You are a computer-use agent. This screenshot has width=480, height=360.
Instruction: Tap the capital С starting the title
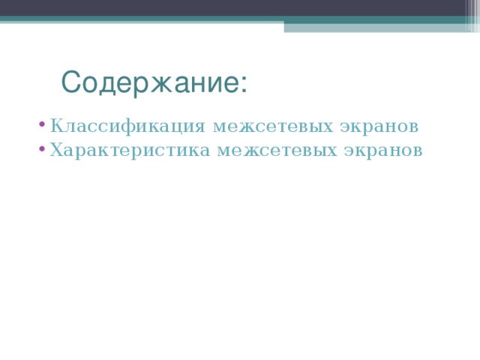(x=70, y=82)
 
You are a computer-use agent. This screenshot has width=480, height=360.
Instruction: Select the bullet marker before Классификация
(x=44, y=124)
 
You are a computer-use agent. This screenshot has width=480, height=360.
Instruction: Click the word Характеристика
(x=131, y=150)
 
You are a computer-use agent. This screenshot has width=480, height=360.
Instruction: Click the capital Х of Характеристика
(x=56, y=150)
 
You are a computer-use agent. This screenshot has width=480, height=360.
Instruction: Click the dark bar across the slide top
(x=240, y=7)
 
